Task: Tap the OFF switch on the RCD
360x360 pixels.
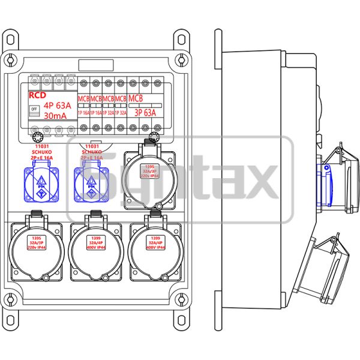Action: [x=34, y=109]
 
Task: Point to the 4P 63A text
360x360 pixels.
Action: [x=59, y=104]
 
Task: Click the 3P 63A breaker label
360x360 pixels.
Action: [x=144, y=112]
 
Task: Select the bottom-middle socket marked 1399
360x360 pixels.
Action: [x=95, y=246]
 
